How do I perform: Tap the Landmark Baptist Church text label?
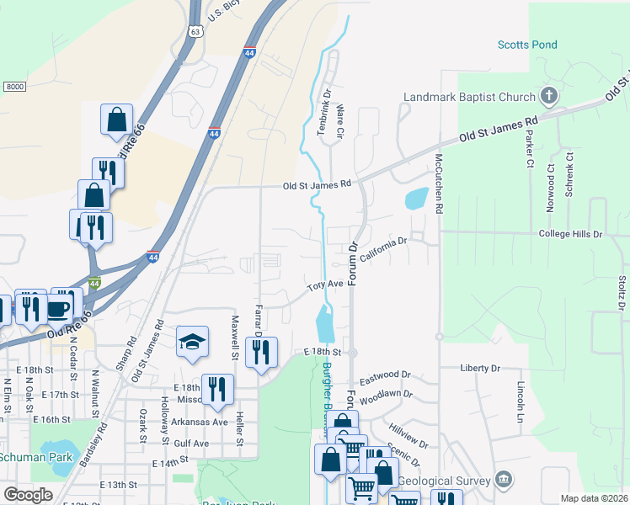[x=469, y=97]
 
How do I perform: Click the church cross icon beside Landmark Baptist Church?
[x=549, y=94]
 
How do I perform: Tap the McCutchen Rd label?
[x=439, y=181]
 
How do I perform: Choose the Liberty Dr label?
[x=480, y=368]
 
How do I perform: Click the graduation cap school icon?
[x=192, y=342]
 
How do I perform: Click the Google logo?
[x=28, y=495]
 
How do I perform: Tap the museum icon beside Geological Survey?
[x=504, y=480]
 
